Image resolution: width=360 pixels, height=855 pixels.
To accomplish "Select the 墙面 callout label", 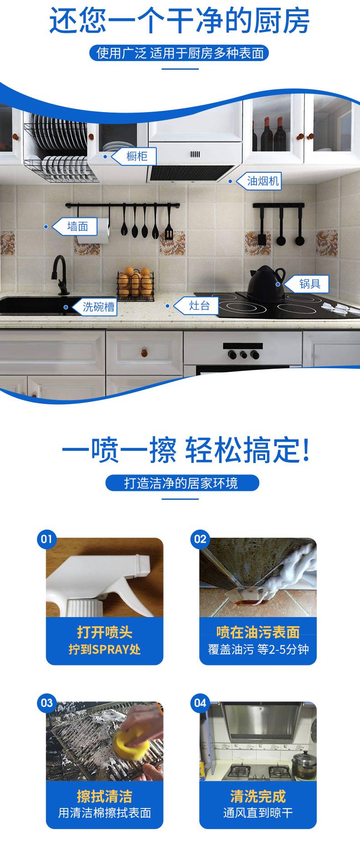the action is tap(75, 227).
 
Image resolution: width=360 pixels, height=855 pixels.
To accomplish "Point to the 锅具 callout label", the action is tap(306, 284).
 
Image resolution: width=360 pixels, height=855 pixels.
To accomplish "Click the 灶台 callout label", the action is tap(196, 305).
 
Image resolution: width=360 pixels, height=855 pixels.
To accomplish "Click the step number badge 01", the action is tap(46, 539).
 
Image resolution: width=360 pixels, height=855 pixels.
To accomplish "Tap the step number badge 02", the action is tap(200, 539).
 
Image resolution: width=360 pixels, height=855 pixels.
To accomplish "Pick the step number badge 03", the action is tap(46, 703).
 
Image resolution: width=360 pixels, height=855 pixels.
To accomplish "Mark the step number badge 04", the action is tap(200, 703).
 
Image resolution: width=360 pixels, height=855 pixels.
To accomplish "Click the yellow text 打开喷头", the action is tap(104, 633).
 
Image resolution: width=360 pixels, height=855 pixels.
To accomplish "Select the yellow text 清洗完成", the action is tap(258, 796).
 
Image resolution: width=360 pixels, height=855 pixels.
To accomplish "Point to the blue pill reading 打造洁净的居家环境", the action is tap(182, 483).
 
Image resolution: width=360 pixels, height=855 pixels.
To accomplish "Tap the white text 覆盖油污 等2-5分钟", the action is tap(258, 649).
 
